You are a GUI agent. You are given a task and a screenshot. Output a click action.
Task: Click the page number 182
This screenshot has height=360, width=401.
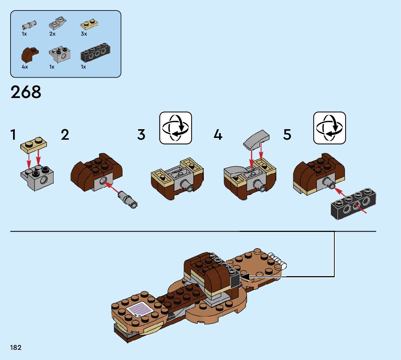click(x=16, y=348)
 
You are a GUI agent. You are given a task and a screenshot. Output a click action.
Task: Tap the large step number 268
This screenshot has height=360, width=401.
click(x=26, y=93)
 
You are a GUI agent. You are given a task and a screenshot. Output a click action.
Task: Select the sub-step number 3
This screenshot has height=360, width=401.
click(x=141, y=135)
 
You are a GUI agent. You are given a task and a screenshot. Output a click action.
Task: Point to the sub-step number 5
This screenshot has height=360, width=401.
click(x=287, y=135)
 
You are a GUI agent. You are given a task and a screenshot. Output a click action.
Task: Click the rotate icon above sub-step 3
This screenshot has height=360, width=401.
click(x=175, y=128)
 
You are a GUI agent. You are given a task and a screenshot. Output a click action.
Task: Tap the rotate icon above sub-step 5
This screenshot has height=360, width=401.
click(x=330, y=128)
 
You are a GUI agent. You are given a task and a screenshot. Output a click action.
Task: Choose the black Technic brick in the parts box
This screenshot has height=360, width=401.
click(x=95, y=54)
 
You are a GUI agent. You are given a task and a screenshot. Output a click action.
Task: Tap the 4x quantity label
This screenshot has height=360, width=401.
click(x=25, y=67)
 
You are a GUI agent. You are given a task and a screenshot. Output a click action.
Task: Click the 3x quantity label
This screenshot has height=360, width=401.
click(x=84, y=34)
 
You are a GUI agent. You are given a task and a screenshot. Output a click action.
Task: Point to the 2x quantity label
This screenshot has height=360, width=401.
click(x=53, y=34)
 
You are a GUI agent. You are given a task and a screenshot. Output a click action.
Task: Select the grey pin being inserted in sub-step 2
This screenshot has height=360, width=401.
click(x=127, y=199)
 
